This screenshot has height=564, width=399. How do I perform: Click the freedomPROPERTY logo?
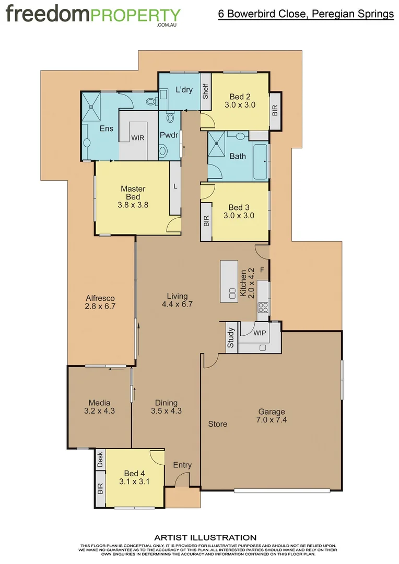pos(93,15)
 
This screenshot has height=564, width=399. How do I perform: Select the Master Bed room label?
pos(133,193)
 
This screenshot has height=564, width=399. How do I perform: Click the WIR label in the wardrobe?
pos(138,138)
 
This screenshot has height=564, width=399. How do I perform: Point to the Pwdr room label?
pos(170,135)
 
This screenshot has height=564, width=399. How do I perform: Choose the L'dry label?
pos(184,90)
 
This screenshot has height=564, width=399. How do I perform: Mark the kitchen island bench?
pos(229,281)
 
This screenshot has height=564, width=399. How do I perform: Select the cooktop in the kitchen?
pos(263,307)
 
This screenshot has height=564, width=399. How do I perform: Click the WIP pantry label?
pos(260,332)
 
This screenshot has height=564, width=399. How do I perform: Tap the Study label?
pos(230,338)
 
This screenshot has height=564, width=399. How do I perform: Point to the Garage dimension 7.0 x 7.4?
pos(272,420)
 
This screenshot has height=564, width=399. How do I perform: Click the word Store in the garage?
pos(218,424)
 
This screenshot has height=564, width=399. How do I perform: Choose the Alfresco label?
pos(100,298)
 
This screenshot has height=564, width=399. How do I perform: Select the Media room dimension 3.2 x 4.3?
pos(99,411)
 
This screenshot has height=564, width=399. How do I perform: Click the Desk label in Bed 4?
pos(100,459)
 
